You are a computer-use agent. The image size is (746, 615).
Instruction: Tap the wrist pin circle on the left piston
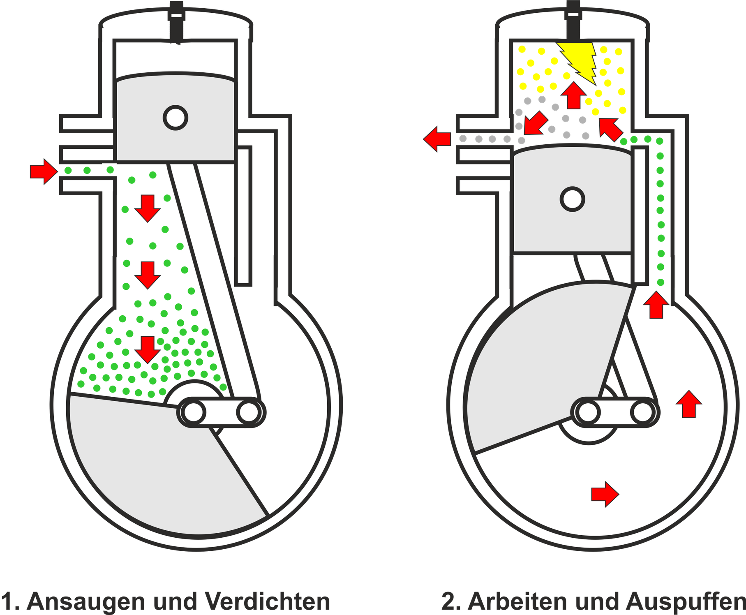176,117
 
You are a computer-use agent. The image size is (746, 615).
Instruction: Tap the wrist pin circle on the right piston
573,199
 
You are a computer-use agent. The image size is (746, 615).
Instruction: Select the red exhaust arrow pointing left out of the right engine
437,139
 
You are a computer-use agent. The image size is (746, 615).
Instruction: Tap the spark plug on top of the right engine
572,16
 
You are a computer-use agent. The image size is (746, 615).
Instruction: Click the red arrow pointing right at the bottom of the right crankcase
605,495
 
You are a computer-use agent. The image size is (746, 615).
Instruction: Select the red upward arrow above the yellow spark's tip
574,95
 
